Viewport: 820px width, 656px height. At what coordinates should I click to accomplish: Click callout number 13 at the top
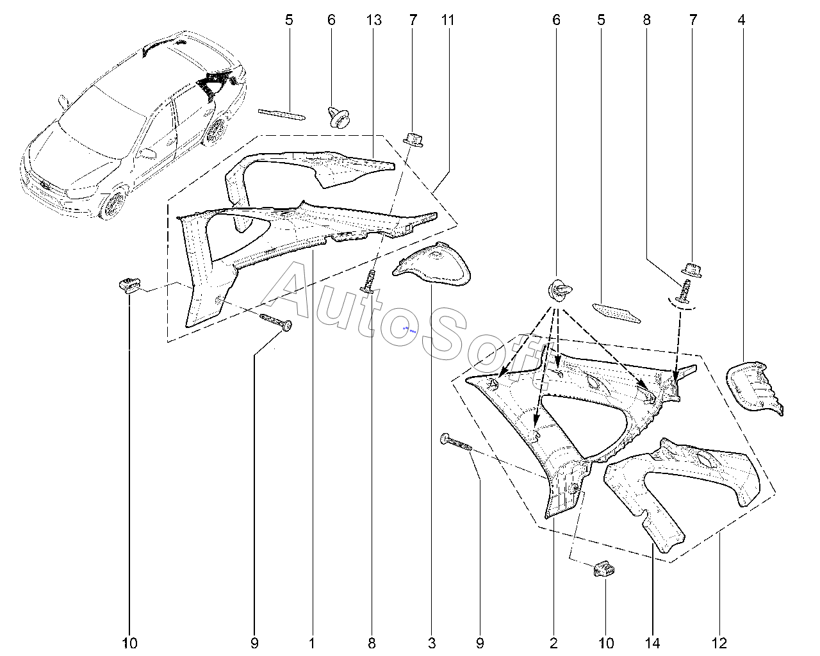coord(373,20)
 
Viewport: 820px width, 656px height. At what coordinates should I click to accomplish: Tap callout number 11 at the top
coord(448,20)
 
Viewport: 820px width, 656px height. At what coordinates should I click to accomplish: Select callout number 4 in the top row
coord(741,20)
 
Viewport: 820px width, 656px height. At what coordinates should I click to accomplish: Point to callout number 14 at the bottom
coord(652,643)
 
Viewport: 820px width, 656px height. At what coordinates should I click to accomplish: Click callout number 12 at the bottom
coord(719,643)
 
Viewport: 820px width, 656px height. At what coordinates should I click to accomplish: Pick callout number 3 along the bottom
coord(431,643)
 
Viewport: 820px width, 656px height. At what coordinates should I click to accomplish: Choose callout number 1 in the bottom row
coord(312,643)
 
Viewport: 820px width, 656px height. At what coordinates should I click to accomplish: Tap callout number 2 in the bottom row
coord(553,643)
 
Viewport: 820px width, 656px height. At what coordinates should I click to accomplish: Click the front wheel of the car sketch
coord(113,205)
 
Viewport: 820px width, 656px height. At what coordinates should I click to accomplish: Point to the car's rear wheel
coord(216,130)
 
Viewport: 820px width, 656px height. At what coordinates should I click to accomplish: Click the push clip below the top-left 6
coord(338,117)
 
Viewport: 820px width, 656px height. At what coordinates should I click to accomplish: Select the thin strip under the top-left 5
coord(282,115)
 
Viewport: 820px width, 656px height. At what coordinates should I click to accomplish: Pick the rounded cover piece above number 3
coord(432,263)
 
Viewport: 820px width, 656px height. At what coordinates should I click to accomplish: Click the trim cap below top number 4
coord(755,388)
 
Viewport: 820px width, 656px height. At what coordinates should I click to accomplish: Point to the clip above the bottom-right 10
coord(604,570)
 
